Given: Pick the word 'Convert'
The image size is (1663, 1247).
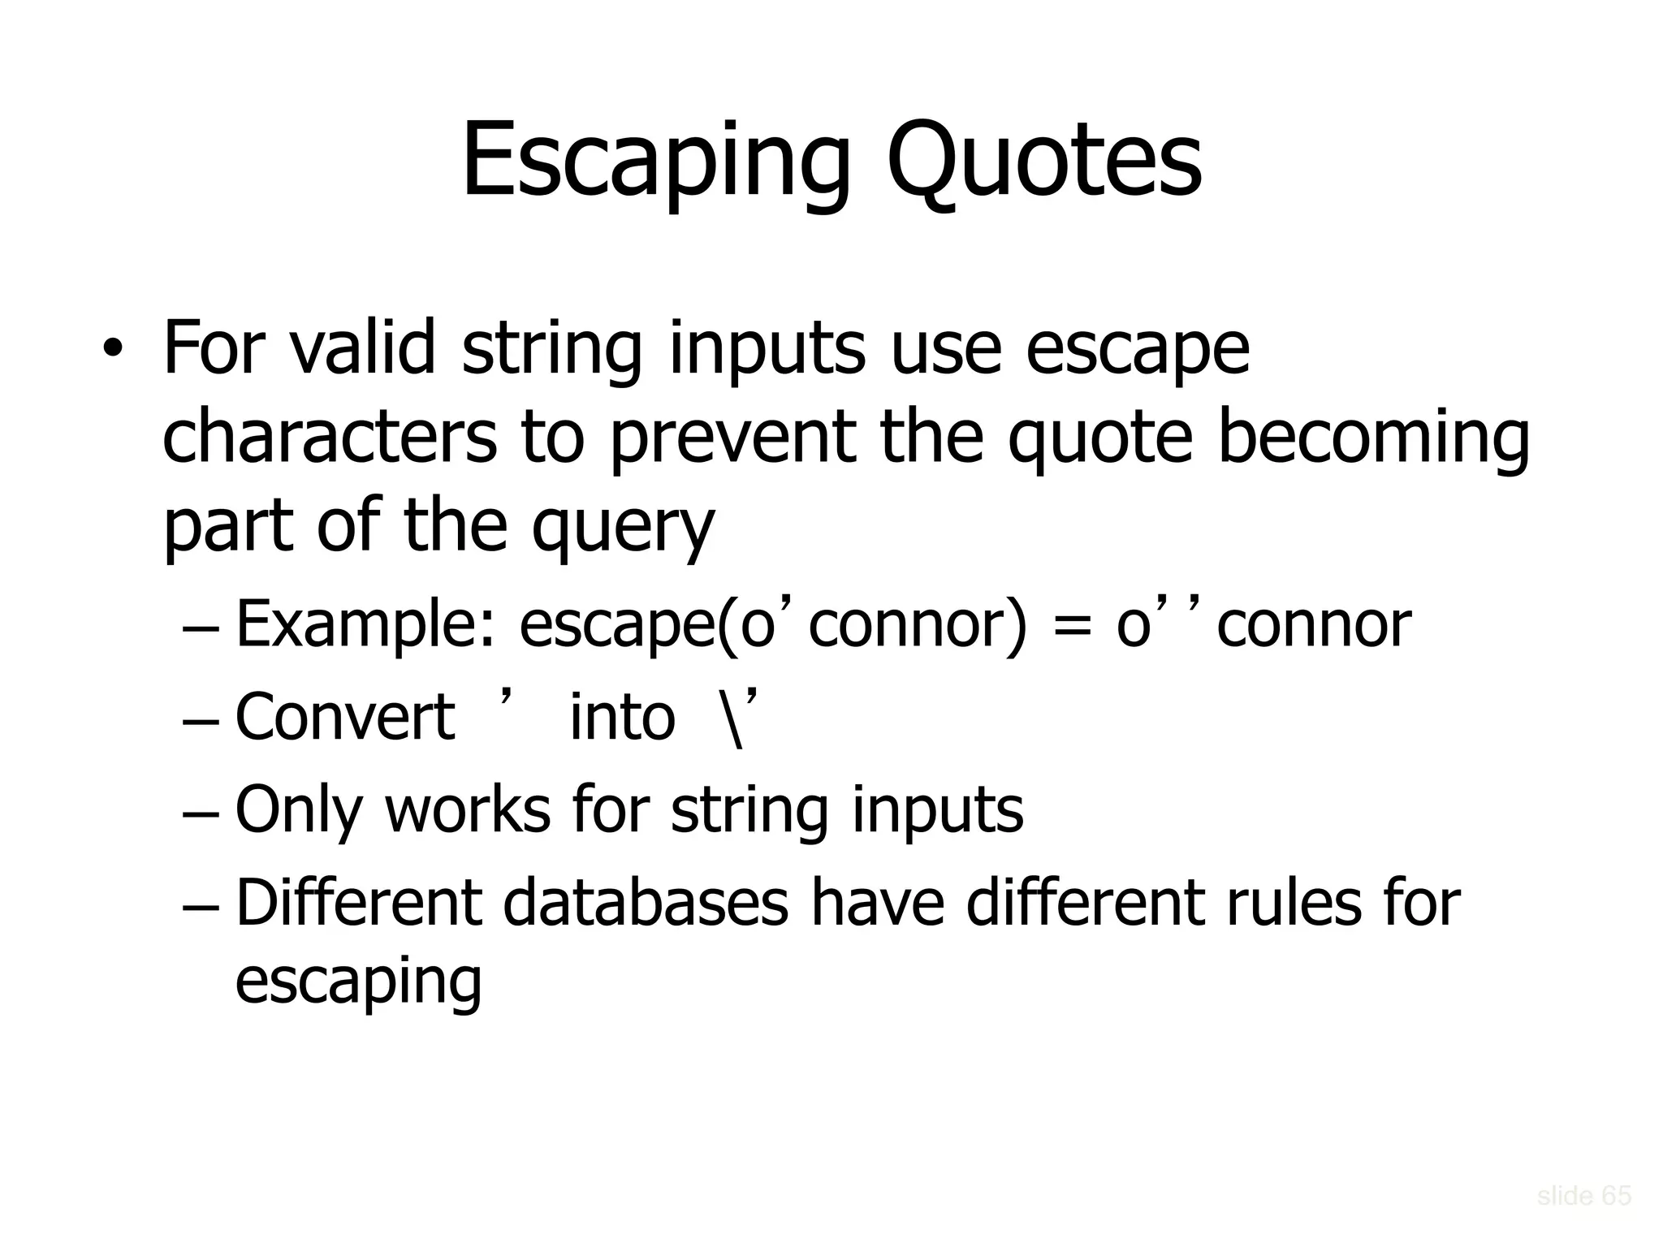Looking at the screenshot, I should coord(345,717).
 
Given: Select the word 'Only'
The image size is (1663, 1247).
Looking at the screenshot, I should coord(297,810).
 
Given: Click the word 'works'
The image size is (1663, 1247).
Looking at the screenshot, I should coord(468,810).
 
